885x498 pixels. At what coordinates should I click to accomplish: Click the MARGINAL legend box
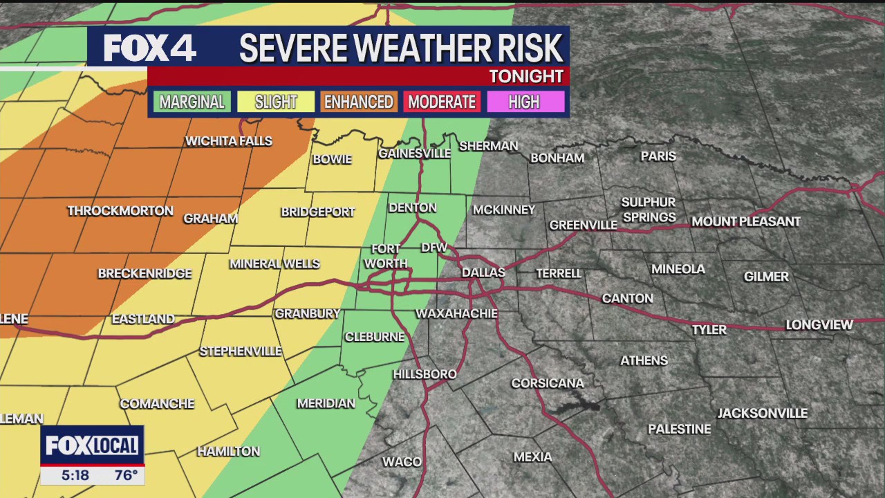(192, 102)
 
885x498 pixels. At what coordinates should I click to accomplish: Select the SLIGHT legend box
(275, 102)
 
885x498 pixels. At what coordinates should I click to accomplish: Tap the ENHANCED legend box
(358, 102)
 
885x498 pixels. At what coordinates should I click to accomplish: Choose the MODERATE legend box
(442, 102)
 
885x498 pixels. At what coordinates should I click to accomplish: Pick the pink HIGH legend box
(523, 102)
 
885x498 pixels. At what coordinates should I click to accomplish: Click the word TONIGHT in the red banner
(526, 76)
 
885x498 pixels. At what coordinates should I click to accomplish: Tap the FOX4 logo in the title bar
(150, 48)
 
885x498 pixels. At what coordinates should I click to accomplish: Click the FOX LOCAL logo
(92, 445)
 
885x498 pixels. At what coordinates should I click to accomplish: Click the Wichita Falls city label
(229, 141)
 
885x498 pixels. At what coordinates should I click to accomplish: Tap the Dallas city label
(483, 273)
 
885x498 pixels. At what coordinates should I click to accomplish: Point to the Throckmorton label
(120, 211)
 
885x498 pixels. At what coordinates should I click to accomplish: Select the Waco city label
(402, 461)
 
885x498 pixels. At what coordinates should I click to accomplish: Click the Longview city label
(819, 324)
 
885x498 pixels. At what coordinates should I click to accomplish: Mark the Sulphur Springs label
(649, 210)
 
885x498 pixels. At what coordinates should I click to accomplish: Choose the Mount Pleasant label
(746, 221)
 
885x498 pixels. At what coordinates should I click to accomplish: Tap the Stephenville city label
(241, 351)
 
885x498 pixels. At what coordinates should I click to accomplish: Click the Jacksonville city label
(762, 413)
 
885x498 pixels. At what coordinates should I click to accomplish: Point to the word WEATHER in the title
(400, 48)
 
